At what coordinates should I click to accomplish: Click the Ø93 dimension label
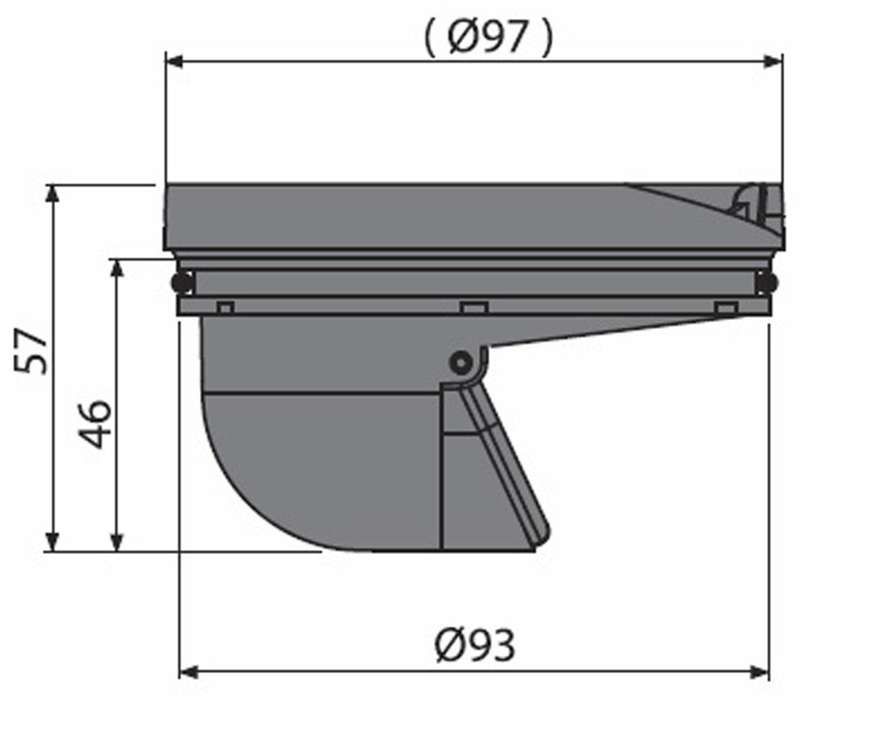[x=475, y=646]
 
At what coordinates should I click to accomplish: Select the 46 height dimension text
[x=95, y=424]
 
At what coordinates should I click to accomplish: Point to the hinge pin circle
[x=460, y=363]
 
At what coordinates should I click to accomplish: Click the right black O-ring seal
[x=769, y=282]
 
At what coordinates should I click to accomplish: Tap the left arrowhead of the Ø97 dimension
[x=174, y=61]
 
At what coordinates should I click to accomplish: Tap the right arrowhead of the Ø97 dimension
[x=774, y=61]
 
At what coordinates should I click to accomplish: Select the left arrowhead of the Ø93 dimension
[x=187, y=673]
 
